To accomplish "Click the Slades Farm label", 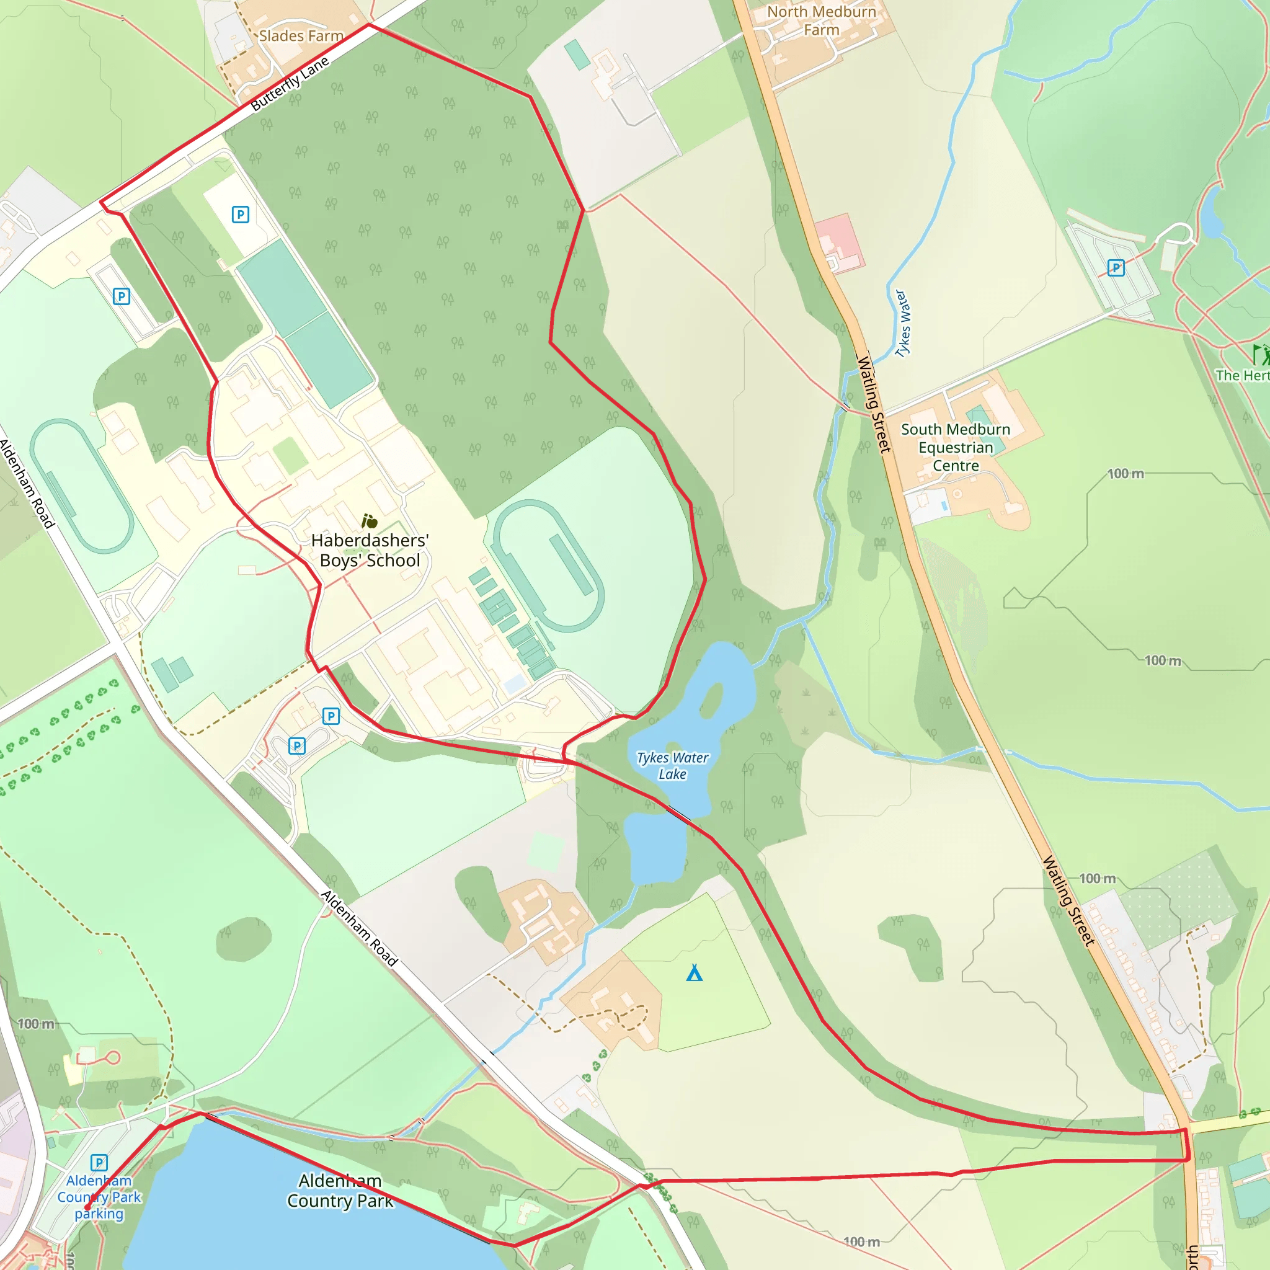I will (x=301, y=36).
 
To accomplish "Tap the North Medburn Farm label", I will (x=821, y=21).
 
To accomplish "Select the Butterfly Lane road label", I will (x=290, y=84).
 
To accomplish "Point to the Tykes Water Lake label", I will (x=672, y=766).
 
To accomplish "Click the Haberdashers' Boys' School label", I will (x=370, y=550).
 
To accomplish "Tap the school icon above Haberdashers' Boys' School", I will (x=370, y=522).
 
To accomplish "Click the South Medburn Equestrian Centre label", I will (x=955, y=447).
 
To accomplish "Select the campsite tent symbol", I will (x=694, y=973).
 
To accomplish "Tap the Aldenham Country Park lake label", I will (x=340, y=1191).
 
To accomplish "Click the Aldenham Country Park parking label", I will (x=99, y=1197).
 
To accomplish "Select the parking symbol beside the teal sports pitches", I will (x=241, y=215).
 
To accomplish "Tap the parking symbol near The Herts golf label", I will (x=1116, y=267).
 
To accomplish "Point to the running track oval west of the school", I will (x=82, y=486).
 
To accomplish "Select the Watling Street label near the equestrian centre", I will (x=874, y=404).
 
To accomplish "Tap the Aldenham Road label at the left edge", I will (x=26, y=484).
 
